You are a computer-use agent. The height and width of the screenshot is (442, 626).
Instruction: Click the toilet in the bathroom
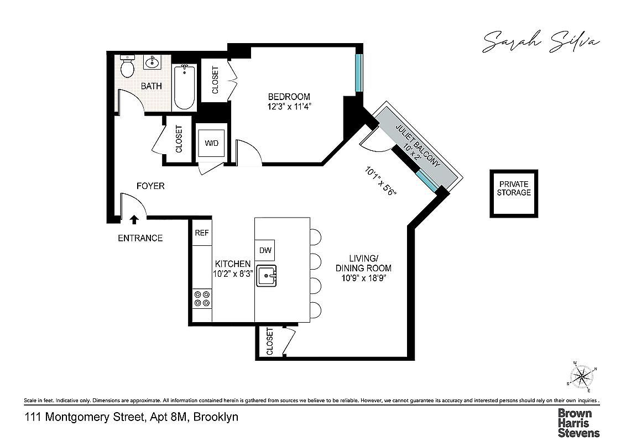click(x=128, y=67)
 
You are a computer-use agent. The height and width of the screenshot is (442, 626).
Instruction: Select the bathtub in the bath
click(x=184, y=88)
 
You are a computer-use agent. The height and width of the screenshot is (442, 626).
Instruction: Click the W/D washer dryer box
click(x=211, y=144)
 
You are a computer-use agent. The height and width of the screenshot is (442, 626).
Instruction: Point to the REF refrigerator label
click(x=201, y=233)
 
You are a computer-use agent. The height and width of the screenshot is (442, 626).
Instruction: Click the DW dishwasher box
click(x=265, y=250)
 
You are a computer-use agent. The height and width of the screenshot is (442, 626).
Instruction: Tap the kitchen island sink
click(x=269, y=275)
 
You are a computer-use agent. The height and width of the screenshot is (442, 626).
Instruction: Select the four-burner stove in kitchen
click(x=201, y=299)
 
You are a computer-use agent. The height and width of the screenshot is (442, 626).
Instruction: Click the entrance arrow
click(x=134, y=220)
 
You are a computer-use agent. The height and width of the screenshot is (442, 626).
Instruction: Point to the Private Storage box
click(x=513, y=193)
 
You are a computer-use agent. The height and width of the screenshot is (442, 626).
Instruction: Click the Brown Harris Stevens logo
click(x=578, y=422)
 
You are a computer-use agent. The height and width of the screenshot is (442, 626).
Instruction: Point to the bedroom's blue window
click(x=358, y=72)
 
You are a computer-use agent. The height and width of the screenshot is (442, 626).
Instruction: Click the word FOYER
click(x=150, y=186)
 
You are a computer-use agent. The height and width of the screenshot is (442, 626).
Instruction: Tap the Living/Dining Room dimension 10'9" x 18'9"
click(x=363, y=278)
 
